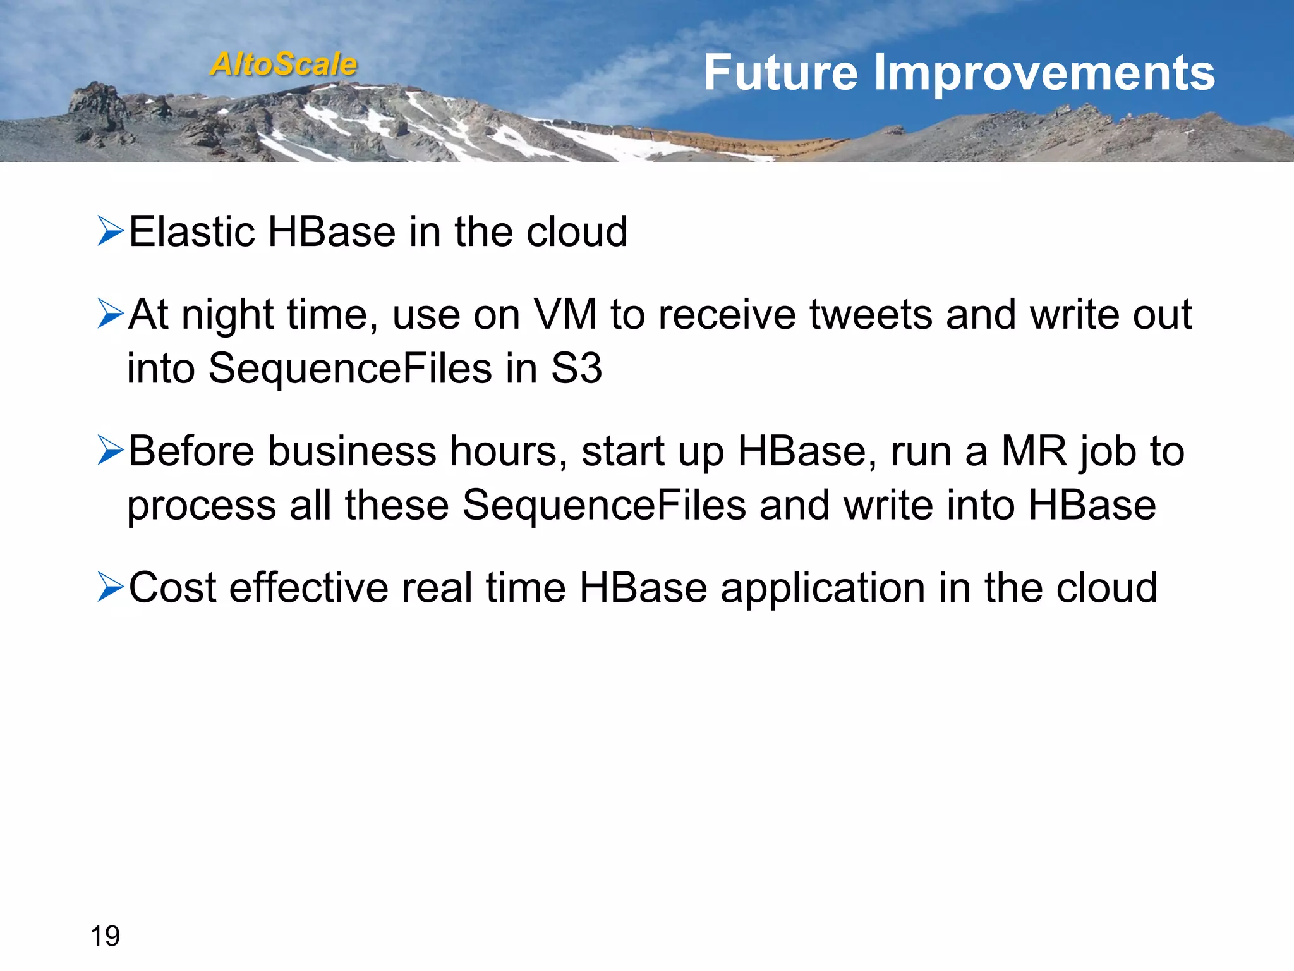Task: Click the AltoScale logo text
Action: coord(284,64)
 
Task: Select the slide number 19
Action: coord(105,936)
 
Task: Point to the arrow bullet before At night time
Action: coord(111,314)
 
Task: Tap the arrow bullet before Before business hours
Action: coord(111,451)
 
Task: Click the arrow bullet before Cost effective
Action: coord(111,587)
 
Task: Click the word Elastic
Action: coord(191,231)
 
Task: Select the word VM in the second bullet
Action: coord(565,314)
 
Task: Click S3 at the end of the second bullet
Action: coord(576,369)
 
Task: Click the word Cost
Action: coord(172,588)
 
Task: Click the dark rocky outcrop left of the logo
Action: coord(98,104)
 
